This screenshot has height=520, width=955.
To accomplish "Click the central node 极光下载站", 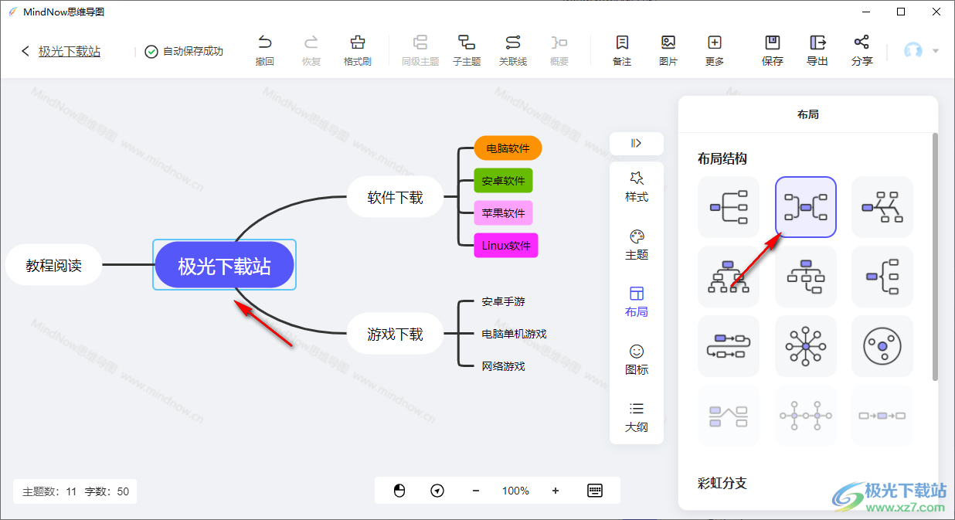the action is (224, 265).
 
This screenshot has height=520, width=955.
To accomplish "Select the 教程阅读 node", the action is (54, 265).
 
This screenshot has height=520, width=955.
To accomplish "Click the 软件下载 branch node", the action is (396, 197).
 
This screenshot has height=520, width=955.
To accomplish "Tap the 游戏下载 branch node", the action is (396, 334).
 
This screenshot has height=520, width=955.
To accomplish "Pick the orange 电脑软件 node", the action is (508, 148).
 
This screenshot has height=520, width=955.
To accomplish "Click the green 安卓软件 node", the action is (503, 181).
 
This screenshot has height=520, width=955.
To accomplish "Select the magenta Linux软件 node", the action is (506, 246).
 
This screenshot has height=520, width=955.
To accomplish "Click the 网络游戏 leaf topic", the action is (503, 366).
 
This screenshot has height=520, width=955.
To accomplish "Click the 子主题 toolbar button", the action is (467, 50).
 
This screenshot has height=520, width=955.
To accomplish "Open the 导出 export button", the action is (817, 50).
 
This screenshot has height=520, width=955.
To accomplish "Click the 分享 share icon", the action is (862, 42).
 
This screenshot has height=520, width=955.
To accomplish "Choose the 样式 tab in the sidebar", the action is (637, 187).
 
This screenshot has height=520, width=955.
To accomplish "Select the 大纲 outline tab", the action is (637, 417).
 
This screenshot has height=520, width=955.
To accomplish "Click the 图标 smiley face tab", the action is (637, 359).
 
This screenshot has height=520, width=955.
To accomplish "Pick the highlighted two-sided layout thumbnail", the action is (805, 207).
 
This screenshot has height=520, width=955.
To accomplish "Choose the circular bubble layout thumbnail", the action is (882, 346).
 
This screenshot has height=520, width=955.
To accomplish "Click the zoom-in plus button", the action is (555, 491).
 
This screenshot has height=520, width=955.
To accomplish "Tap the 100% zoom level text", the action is (515, 491).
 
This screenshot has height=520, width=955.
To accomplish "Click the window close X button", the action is (936, 12).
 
